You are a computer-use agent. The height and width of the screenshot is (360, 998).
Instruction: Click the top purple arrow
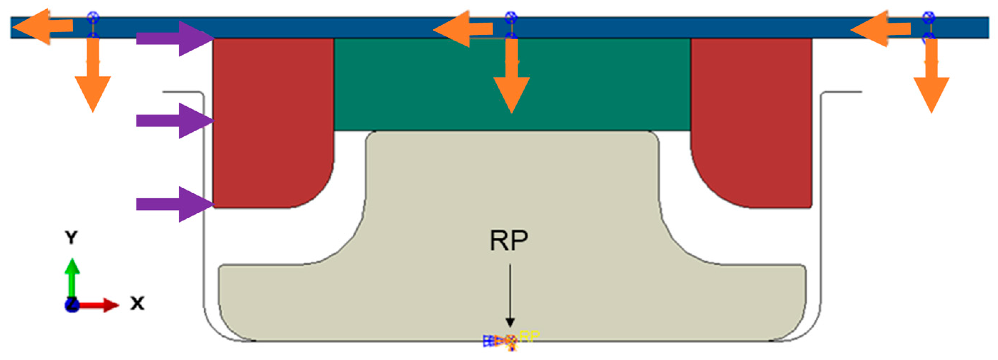coord(174,39)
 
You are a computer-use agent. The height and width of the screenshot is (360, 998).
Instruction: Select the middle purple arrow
coord(174,121)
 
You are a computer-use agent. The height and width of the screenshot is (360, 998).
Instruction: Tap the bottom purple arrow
coord(174,204)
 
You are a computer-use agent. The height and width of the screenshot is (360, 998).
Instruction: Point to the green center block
coord(511,85)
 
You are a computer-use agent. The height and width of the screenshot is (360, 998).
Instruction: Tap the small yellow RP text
coord(529,336)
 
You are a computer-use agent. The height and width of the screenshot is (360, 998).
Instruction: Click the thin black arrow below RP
coord(510,294)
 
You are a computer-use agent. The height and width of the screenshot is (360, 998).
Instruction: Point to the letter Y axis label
coord(71,237)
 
